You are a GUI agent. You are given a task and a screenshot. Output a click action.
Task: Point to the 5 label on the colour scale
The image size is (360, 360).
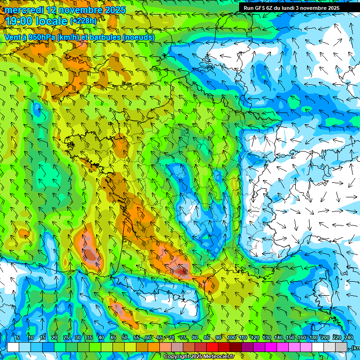pyautogui.click(x=18, y=338)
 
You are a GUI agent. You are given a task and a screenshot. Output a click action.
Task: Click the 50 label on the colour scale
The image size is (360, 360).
pyautogui.click(x=124, y=338)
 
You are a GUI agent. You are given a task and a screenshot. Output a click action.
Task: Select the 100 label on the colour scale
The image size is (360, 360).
pyautogui.click(x=231, y=338)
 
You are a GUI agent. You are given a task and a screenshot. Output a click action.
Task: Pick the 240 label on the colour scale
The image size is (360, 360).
pyautogui.click(x=348, y=338)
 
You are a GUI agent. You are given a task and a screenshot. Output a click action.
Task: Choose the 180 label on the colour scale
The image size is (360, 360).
pyautogui.click(x=313, y=338)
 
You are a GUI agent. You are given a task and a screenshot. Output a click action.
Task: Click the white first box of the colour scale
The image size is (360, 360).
pyautogui.click(x=13, y=347)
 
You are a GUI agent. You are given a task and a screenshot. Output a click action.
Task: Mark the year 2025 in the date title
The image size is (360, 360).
pyautogui.click(x=115, y=10)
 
